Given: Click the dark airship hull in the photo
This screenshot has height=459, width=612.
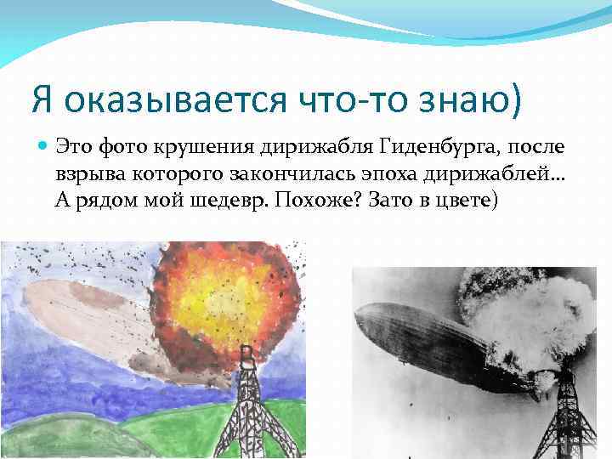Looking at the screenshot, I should [x=442, y=348].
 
